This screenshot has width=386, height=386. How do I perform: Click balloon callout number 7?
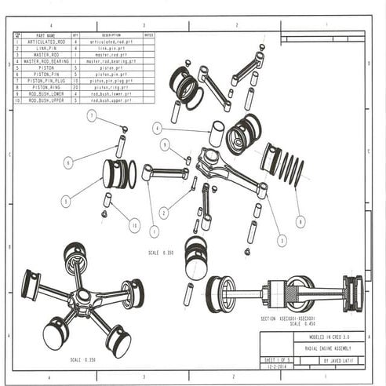tap(91, 117)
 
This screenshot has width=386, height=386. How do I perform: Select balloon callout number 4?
tap(158, 128)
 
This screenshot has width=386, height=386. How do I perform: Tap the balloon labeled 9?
tap(165, 145)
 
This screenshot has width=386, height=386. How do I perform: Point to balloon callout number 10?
tap(133, 226)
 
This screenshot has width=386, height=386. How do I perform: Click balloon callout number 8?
tap(300, 222)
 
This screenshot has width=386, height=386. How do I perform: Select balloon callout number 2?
tap(163, 212)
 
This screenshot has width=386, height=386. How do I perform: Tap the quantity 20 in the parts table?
tap(75, 87)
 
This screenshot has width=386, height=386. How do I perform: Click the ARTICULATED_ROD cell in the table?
tap(46, 42)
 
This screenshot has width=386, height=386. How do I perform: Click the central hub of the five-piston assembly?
tap(82, 300)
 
